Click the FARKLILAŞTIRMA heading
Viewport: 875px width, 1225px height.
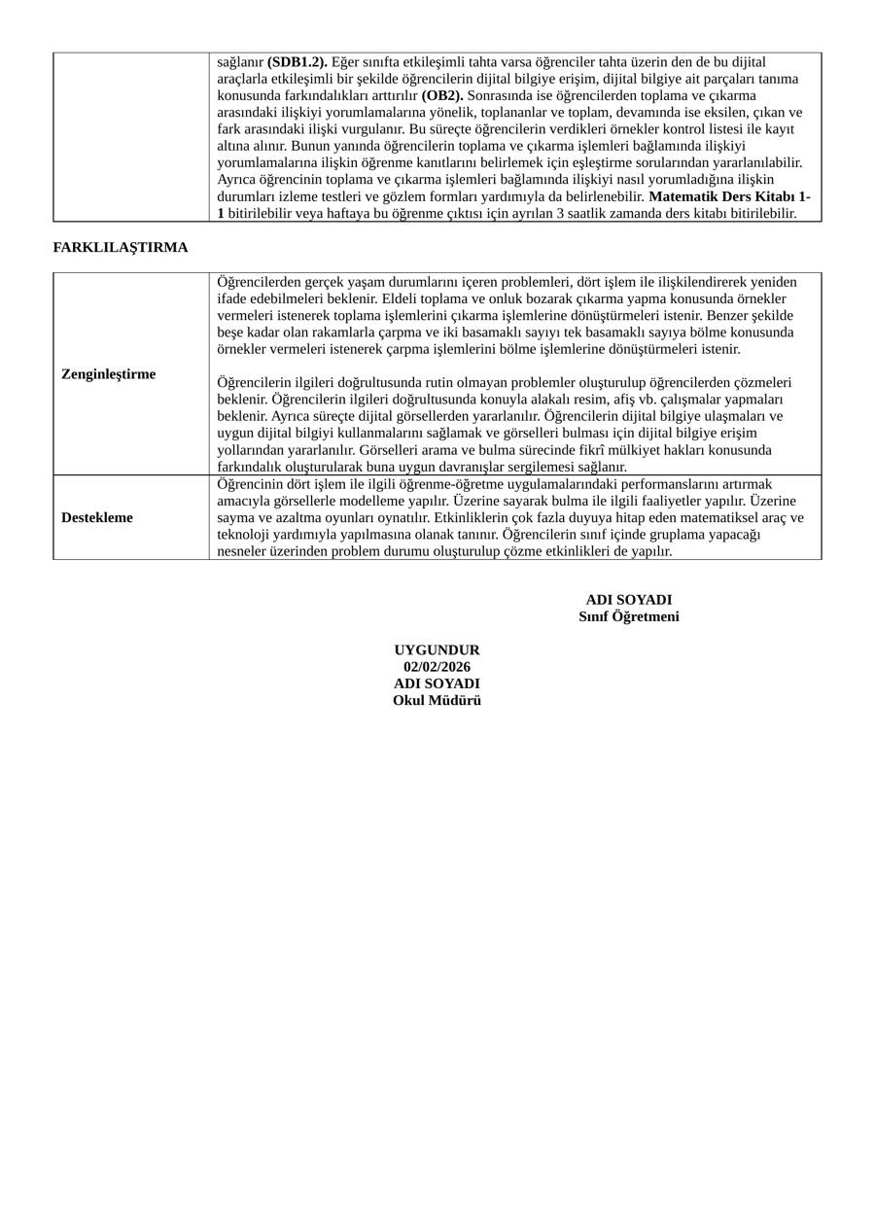coord(121,247)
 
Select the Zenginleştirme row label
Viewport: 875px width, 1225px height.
coord(108,374)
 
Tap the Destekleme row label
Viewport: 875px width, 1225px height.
coord(97,517)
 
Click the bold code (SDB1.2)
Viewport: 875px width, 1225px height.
coord(297,62)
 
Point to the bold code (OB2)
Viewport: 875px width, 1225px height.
coord(442,95)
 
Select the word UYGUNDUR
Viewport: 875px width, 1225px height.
coord(437,649)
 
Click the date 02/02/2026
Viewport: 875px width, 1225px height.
coord(437,666)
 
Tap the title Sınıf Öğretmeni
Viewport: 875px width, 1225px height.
coord(629,616)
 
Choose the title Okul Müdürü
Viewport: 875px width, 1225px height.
coord(437,700)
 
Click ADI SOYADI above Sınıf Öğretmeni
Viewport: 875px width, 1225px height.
coord(629,600)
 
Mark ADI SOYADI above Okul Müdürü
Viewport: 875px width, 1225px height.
coord(437,683)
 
